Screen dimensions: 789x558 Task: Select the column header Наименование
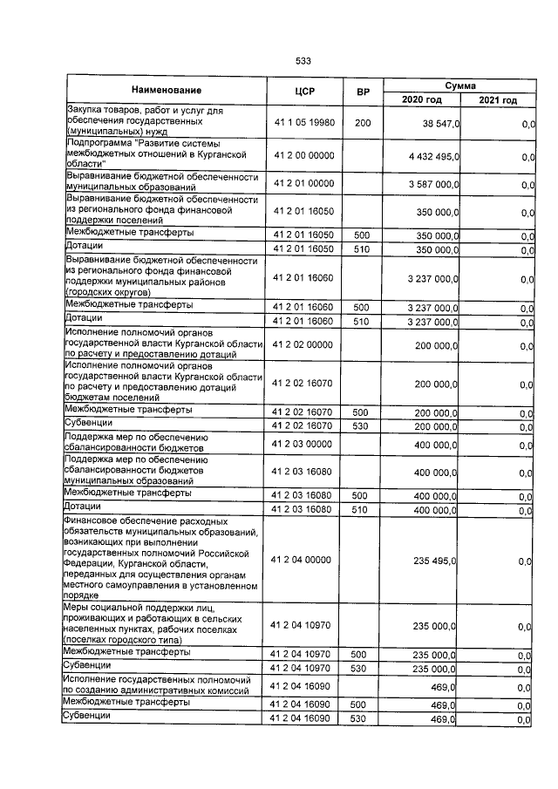(x=167, y=91)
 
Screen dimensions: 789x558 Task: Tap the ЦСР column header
(x=304, y=91)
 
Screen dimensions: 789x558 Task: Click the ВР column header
(x=362, y=91)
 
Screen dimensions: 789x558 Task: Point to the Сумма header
(x=459, y=85)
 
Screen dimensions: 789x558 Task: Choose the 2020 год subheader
(x=421, y=100)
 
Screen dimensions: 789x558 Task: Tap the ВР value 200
(x=362, y=124)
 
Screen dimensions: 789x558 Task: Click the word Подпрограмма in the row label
(x=97, y=143)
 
